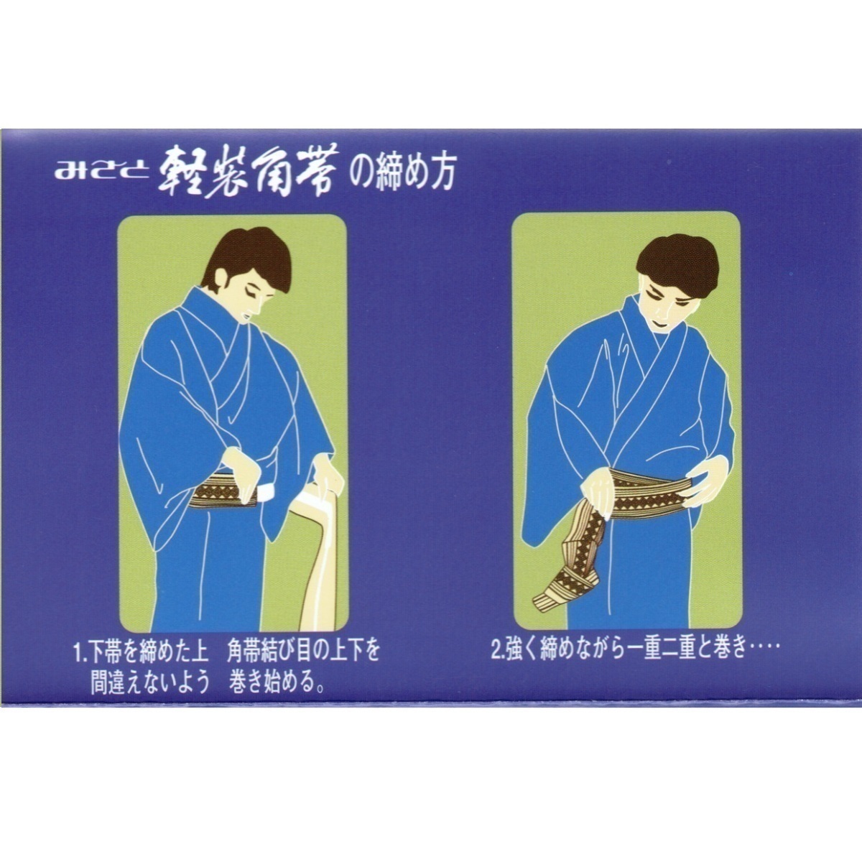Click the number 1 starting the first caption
coord(77,654)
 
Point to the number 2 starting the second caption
coord(496,654)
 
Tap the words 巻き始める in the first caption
coord(273,680)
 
